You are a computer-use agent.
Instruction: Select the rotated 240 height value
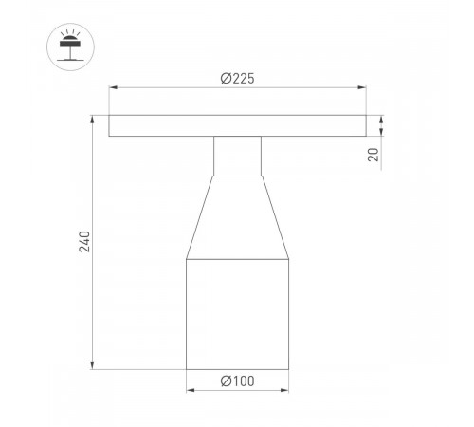click(x=83, y=243)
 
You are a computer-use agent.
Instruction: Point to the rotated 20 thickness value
click(x=374, y=155)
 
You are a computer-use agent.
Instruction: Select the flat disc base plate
click(x=236, y=126)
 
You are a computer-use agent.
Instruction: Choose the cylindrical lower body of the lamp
click(x=236, y=313)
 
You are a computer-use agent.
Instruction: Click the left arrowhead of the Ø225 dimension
click(x=113, y=88)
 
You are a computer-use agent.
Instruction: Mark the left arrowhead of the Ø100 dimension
click(x=190, y=389)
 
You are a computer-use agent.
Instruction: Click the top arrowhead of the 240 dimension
click(x=93, y=120)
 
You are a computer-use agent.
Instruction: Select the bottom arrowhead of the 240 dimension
click(x=93, y=364)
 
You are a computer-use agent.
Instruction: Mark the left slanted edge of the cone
click(x=199, y=218)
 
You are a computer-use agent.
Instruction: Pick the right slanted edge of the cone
click(x=275, y=218)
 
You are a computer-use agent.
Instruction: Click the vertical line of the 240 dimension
click(x=93, y=190)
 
